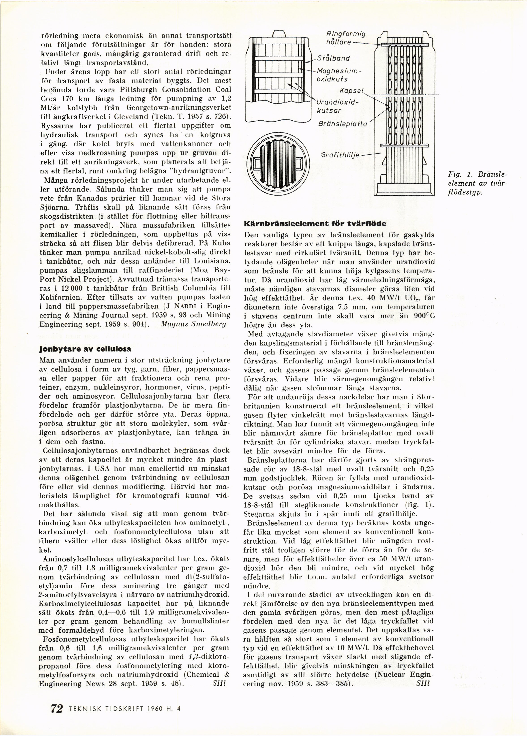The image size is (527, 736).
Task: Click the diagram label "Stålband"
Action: (333, 59)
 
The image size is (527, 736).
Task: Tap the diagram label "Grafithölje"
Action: (340, 155)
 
